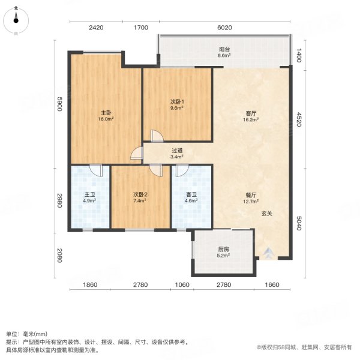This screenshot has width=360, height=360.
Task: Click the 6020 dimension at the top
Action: click(224, 28)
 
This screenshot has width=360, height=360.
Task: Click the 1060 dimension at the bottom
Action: click(182, 284)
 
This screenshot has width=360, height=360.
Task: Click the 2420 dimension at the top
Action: click(97, 28)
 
